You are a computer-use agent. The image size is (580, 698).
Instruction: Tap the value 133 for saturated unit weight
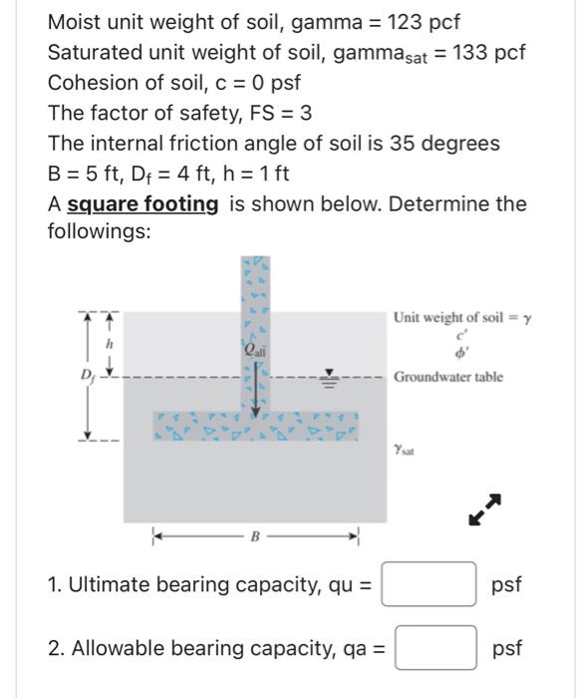tap(471, 52)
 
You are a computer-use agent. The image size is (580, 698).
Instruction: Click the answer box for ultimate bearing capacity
tap(429, 584)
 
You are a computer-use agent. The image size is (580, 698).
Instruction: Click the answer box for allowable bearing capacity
tap(435, 648)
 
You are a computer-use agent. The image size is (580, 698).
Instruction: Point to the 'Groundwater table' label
tap(447, 377)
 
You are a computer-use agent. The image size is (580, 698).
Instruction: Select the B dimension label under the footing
tap(255, 536)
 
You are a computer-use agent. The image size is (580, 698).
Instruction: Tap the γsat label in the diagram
tap(405, 450)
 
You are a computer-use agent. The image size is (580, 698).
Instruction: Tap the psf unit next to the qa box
tap(506, 648)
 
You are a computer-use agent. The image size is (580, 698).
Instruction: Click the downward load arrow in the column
tap(256, 394)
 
